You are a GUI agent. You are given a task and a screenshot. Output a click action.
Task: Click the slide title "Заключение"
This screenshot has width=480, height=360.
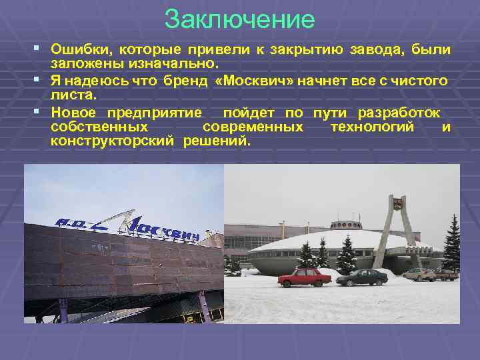click(x=239, y=19)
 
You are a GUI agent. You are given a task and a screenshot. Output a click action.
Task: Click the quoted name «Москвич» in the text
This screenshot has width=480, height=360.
click(x=256, y=81)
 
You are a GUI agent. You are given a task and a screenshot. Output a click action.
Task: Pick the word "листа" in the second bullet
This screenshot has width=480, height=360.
click(x=71, y=96)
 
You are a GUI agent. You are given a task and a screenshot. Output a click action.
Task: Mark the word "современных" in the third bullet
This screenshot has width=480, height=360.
click(x=253, y=127)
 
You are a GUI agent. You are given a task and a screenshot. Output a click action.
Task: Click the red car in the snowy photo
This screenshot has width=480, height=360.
click(x=304, y=276)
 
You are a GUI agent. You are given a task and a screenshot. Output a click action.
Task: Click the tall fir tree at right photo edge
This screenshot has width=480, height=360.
click(x=451, y=243)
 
